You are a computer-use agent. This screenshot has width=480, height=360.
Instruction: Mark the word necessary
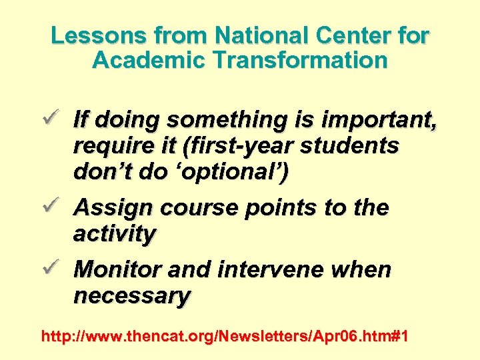point(132,295)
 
